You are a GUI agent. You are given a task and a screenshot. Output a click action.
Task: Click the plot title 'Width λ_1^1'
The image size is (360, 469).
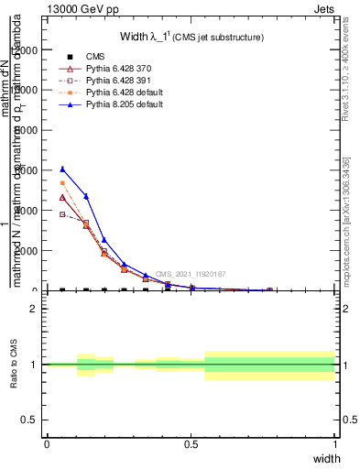192,37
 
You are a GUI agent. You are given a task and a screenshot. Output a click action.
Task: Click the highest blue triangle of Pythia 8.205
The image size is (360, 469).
62,169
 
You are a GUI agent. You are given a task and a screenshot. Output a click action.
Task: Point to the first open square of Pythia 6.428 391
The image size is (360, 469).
62,214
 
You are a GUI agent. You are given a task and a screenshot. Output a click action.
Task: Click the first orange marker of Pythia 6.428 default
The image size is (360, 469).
62,183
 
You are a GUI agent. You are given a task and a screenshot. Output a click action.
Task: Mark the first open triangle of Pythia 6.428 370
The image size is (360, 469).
62,197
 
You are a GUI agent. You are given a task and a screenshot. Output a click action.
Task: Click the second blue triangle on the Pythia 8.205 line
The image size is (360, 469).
86,196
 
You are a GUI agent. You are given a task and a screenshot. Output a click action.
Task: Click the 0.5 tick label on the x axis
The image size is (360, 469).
191,443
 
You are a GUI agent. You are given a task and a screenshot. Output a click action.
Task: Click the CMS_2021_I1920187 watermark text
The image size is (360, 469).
191,274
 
